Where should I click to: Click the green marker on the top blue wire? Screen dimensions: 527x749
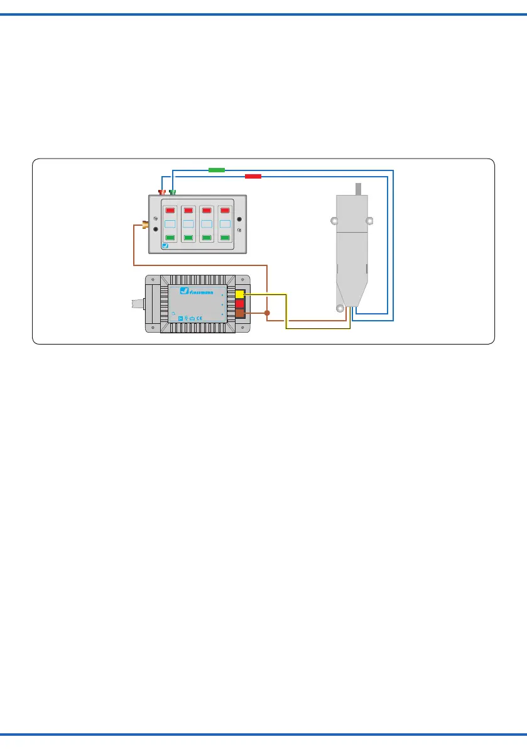point(216,170)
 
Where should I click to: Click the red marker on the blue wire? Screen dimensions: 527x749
point(253,176)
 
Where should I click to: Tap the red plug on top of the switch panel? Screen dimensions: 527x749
point(162,191)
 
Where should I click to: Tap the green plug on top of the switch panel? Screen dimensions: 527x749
point(172,191)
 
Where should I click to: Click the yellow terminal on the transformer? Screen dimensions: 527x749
point(241,294)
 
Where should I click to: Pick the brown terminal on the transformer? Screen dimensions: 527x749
point(241,314)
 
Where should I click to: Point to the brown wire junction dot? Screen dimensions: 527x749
point(267,313)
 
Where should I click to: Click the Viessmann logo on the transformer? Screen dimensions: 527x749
point(200,291)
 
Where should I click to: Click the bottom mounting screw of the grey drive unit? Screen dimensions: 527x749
point(340,309)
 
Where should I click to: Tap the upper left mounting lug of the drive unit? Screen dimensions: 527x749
point(335,221)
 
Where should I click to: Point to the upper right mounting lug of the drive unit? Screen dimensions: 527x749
point(370,221)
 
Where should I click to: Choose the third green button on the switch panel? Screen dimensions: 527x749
point(207,238)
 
